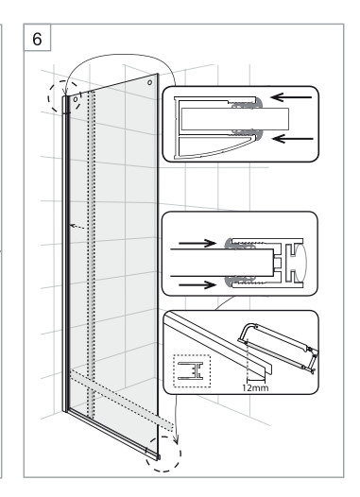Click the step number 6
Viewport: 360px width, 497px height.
pos(37,39)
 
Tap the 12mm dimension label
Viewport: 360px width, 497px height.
pos(255,387)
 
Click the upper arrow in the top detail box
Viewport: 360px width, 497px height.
pos(291,97)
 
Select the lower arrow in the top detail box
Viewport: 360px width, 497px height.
pos(293,139)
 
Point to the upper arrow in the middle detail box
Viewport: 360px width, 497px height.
pos(197,243)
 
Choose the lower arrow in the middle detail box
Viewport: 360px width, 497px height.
pos(197,284)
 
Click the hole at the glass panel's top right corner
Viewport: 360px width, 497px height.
pos(150,82)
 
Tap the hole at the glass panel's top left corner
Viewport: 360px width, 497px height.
pos(76,99)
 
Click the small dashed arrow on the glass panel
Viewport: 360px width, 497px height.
pos(77,227)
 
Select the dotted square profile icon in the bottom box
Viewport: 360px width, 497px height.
pos(192,370)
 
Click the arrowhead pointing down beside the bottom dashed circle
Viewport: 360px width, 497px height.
pos(176,440)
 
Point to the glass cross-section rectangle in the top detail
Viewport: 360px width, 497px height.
pos(235,119)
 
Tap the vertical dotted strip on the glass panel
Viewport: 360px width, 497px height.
pos(92,253)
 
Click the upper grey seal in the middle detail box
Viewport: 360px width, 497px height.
pos(240,244)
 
